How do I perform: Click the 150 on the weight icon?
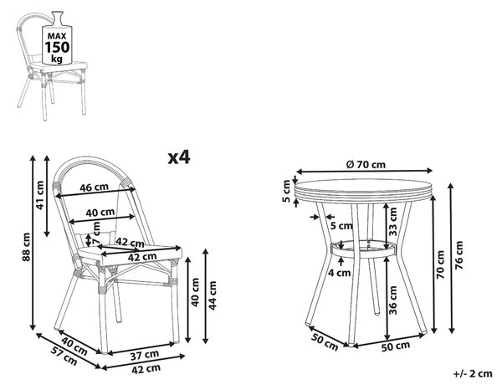coord(57,48)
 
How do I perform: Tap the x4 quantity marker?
coord(179,157)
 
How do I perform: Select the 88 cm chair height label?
coord(27,247)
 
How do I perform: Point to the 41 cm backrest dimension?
coord(40,195)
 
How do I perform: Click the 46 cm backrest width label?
coord(94,187)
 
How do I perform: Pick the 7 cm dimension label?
coord(95,233)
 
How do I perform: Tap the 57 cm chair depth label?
coord(64,356)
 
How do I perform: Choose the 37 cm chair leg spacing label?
coord(145,355)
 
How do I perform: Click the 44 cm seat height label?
coord(213,295)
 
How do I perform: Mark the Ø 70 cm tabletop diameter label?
coord(366,165)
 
